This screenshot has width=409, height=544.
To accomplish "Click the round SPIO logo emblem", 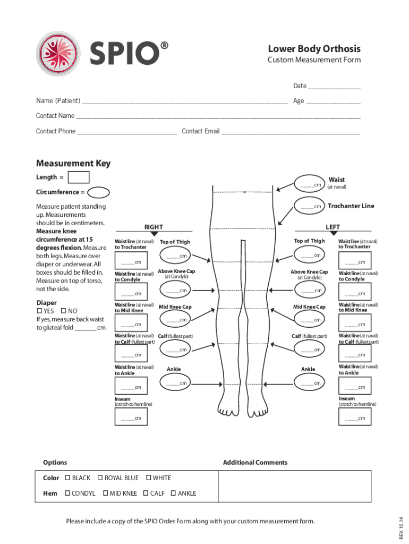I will pyautogui.click(x=58, y=53).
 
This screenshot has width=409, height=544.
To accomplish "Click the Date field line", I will pyautogui.click(x=334, y=88).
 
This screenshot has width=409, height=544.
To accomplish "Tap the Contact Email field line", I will pyautogui.click(x=291, y=133).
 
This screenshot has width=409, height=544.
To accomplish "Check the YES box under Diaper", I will pyautogui.click(x=39, y=311).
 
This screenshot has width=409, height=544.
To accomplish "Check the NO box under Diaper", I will pyautogui.click(x=64, y=311).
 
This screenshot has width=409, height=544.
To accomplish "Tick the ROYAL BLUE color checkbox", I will pyautogui.click(x=100, y=478).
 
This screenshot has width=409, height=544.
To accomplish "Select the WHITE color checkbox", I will pyautogui.click(x=148, y=478).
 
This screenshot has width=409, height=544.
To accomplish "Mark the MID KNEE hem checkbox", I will pyautogui.click(x=105, y=493).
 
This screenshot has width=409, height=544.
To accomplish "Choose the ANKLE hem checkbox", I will pyautogui.click(x=173, y=493).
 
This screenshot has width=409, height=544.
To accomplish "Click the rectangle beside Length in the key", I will pyautogui.click(x=79, y=177).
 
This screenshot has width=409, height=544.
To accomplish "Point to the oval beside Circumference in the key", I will pyautogui.click(x=98, y=192).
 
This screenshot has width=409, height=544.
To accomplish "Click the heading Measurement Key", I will pyautogui.click(x=73, y=163).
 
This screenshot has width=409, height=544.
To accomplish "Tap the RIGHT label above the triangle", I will pyautogui.click(x=154, y=226).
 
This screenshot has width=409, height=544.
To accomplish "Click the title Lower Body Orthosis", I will pyautogui.click(x=314, y=48).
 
